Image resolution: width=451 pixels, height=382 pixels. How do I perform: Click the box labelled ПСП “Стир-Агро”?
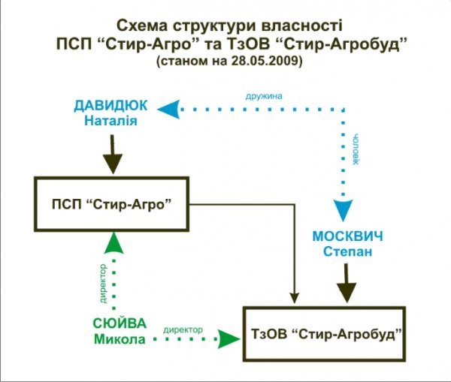[x=112, y=204]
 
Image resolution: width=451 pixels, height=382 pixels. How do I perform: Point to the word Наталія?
[x=110, y=121]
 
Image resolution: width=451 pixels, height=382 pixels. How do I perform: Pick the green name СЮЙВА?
[x=120, y=324]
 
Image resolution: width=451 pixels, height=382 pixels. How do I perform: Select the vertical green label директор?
[x=102, y=284]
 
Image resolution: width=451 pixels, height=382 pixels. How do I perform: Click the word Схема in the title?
[x=148, y=23]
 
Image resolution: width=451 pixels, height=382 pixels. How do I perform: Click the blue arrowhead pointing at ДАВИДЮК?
[x=171, y=108]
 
